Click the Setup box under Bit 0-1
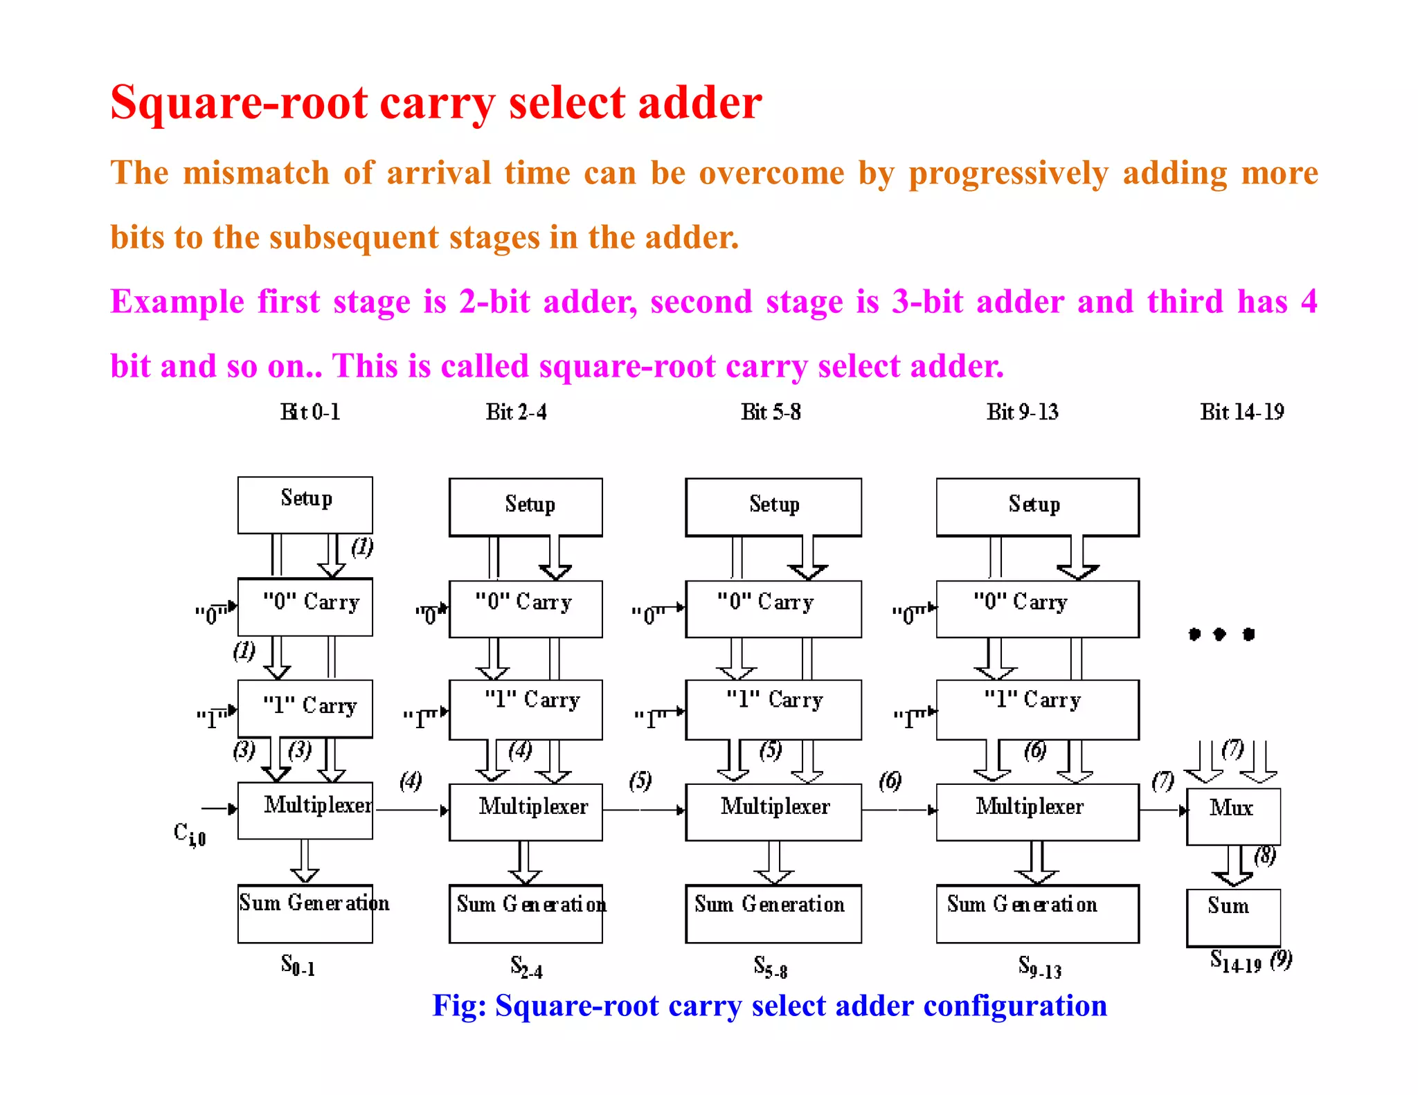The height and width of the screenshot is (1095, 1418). pos(305,505)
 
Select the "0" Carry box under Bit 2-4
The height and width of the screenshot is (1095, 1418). pos(526,608)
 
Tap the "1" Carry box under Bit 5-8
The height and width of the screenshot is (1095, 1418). pos(773,709)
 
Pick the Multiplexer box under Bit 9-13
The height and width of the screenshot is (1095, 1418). pos(1037,812)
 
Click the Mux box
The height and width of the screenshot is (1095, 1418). pos(1233,816)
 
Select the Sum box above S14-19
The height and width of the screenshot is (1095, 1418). pos(1233,917)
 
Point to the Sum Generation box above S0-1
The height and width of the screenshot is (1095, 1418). pos(305,913)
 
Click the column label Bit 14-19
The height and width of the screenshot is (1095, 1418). pos(1242,413)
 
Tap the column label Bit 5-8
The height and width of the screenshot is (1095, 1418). pos(771,413)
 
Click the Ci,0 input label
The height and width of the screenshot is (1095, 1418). pos(189,833)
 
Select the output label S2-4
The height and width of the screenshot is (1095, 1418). pos(526,967)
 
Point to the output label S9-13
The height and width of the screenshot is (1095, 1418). pos(1039,967)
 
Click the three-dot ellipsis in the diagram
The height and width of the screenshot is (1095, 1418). pos(1221,634)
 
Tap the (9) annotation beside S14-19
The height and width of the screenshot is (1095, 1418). pos(1282,960)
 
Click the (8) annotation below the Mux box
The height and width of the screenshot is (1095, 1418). pos(1265,856)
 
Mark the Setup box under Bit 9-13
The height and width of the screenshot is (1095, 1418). pos(1037,507)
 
